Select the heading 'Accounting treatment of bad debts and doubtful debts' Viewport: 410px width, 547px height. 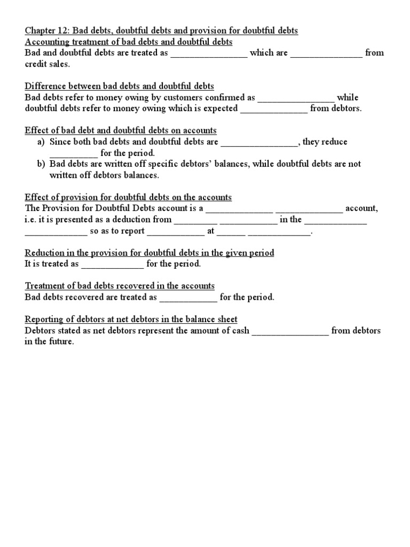[129, 42]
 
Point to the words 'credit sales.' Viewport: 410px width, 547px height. [48, 64]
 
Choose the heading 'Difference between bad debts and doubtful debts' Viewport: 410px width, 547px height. [119, 86]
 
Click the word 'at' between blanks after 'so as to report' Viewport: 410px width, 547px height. [210, 231]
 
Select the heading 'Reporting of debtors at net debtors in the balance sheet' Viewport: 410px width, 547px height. [131, 319]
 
